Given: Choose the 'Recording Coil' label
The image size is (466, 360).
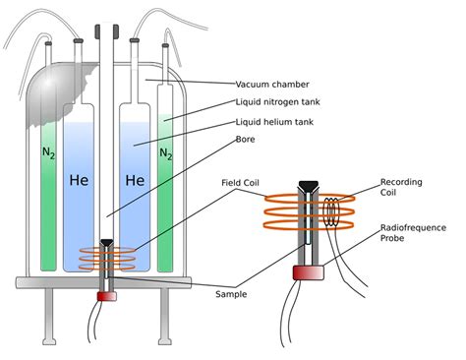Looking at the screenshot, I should click(402, 188).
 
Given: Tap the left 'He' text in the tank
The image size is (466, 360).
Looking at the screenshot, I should click(80, 181).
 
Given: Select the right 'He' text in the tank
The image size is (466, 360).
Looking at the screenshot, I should click(134, 181).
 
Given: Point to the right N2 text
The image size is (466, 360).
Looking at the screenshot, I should click(166, 154).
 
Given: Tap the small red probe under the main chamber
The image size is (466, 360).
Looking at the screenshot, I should click(106, 295).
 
